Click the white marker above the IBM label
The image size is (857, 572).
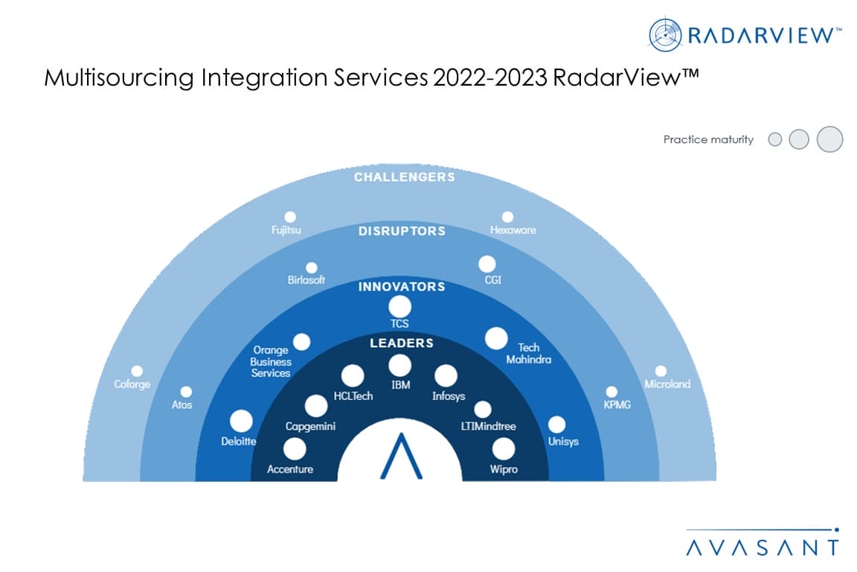coord(399,365)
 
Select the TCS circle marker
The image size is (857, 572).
coord(399,306)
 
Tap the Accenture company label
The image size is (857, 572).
coord(290,469)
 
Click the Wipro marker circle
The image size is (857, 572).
coord(503,448)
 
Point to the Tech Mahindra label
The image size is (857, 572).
coord(528,354)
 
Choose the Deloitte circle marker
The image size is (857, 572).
coord(241,422)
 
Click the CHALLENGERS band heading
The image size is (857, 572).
coord(404,177)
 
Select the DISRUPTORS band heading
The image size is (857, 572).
coord(402,231)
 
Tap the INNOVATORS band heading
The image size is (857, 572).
coord(401,286)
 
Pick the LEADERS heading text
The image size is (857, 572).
coord(401,343)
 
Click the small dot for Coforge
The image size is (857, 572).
coord(137,371)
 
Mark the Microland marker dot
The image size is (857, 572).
coord(661,371)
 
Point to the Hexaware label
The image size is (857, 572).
coord(513,230)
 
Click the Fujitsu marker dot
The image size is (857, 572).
coord(289,217)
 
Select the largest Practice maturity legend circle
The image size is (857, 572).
coord(829,139)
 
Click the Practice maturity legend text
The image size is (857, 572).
coord(708,139)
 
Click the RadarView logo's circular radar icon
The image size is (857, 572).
coord(665,35)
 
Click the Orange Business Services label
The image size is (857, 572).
coord(271,361)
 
